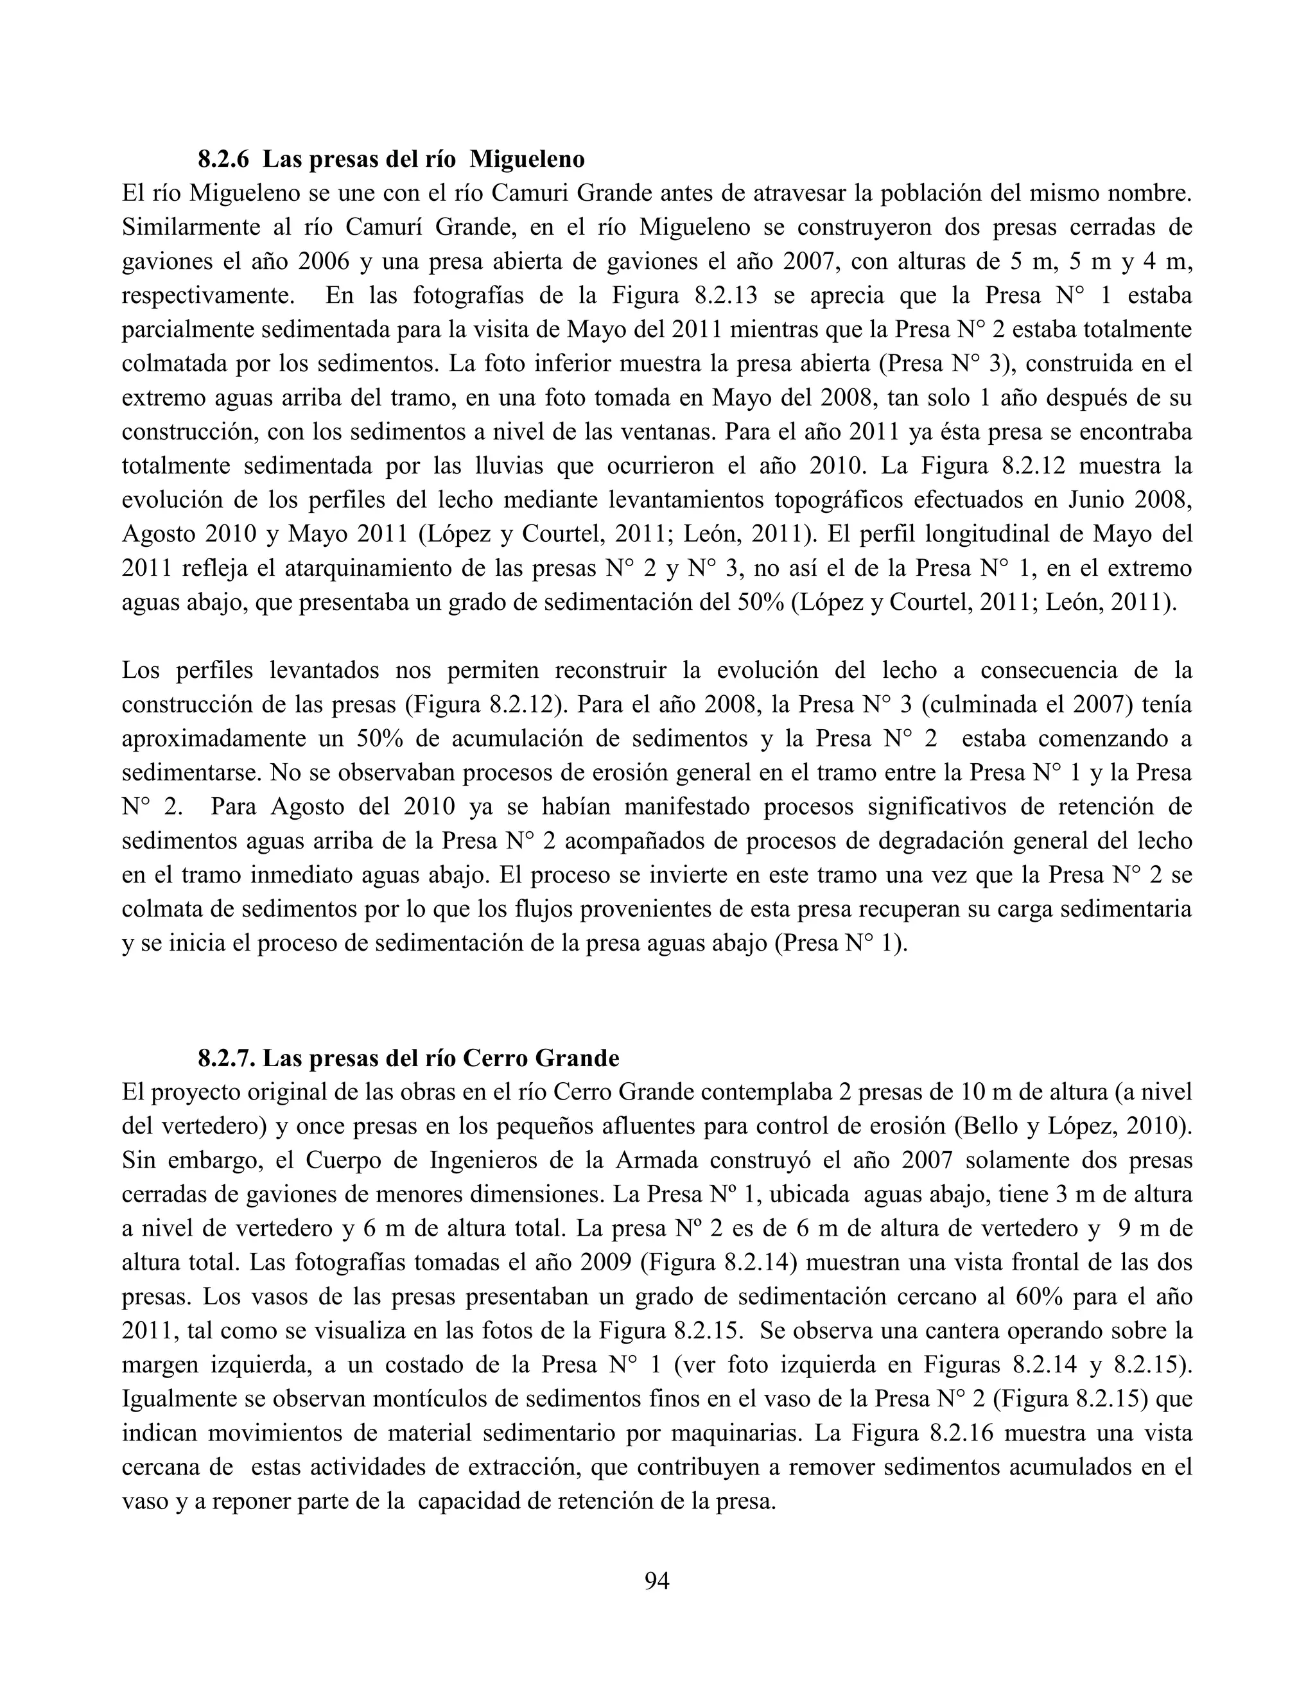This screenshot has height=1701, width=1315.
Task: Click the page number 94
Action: coord(657,1580)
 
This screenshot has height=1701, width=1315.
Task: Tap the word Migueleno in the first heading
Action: coord(528,159)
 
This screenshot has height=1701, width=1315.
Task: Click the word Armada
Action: coord(657,1161)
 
